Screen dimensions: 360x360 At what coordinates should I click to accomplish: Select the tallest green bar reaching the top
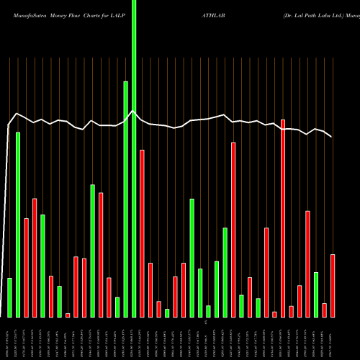[134, 158]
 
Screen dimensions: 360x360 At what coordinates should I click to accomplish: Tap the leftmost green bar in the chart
[9, 297]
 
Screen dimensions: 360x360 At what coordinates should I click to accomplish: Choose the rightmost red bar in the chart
[333, 286]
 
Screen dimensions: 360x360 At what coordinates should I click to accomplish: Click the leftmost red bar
[26, 267]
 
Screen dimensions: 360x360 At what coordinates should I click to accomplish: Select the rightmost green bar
[316, 294]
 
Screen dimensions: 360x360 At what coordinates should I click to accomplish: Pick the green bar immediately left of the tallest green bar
[125, 199]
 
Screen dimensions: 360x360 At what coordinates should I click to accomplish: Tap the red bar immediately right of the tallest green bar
[142, 233]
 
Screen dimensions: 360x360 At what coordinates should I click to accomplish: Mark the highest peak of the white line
[132, 111]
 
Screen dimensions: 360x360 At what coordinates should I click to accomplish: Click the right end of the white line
[332, 137]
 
